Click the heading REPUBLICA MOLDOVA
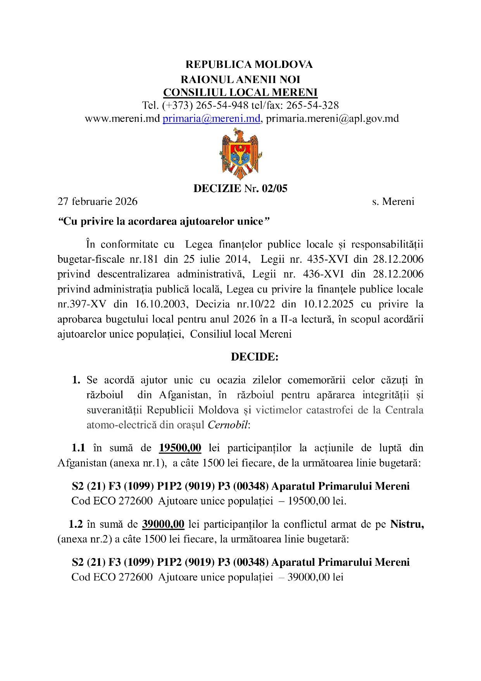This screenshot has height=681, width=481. click(249, 64)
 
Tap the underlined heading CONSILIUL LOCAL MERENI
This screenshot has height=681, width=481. click(240, 93)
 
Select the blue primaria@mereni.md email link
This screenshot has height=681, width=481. click(211, 118)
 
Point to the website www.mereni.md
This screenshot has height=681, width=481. click(122, 118)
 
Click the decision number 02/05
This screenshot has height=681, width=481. click(274, 189)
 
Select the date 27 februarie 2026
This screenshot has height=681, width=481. click(98, 201)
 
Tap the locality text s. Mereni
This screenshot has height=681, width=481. click(393, 201)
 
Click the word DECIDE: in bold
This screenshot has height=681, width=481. click(255, 357)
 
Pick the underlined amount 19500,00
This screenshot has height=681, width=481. click(180, 448)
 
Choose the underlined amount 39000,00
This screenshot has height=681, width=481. click(163, 524)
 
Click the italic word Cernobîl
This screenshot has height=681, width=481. click(228, 425)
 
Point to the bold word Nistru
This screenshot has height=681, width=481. click(407, 524)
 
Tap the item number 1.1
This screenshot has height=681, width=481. click(78, 448)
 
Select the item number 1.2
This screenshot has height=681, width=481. click(76, 524)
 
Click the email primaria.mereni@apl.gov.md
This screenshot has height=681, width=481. click(332, 118)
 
